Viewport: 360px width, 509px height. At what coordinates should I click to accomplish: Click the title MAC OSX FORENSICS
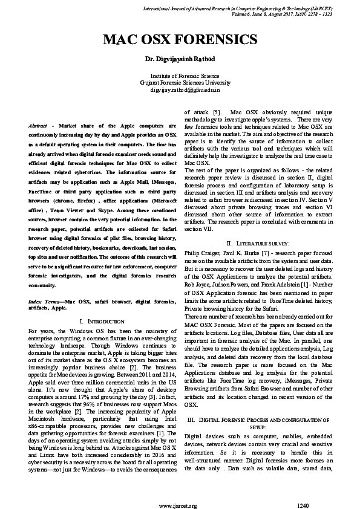[x=180, y=40]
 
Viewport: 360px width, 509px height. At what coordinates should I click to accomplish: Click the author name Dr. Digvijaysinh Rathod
[x=180, y=58]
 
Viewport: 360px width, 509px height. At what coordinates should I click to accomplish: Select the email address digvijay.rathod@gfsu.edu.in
[x=180, y=89]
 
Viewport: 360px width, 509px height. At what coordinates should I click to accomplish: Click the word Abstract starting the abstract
[x=41, y=125]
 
